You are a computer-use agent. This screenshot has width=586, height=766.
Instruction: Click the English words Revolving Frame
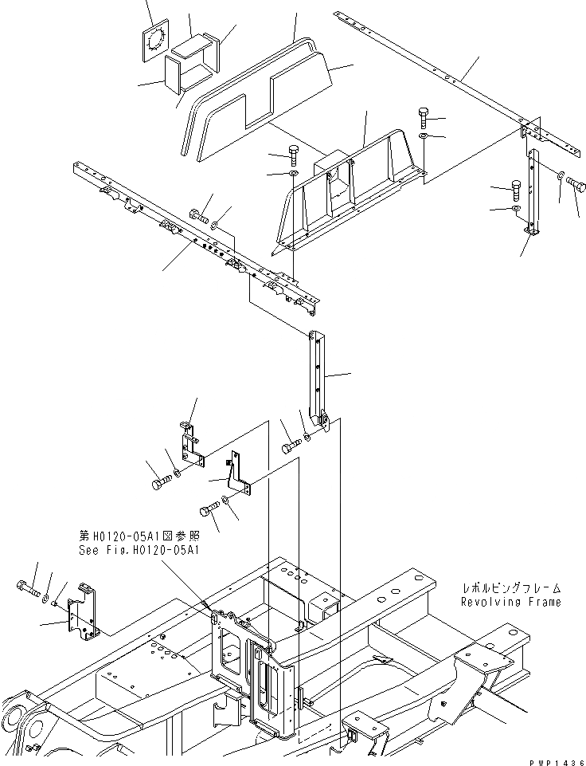tap(510, 602)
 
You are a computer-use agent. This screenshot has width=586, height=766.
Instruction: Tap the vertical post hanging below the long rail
tap(318, 375)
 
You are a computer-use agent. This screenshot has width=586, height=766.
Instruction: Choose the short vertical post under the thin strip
tap(532, 191)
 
